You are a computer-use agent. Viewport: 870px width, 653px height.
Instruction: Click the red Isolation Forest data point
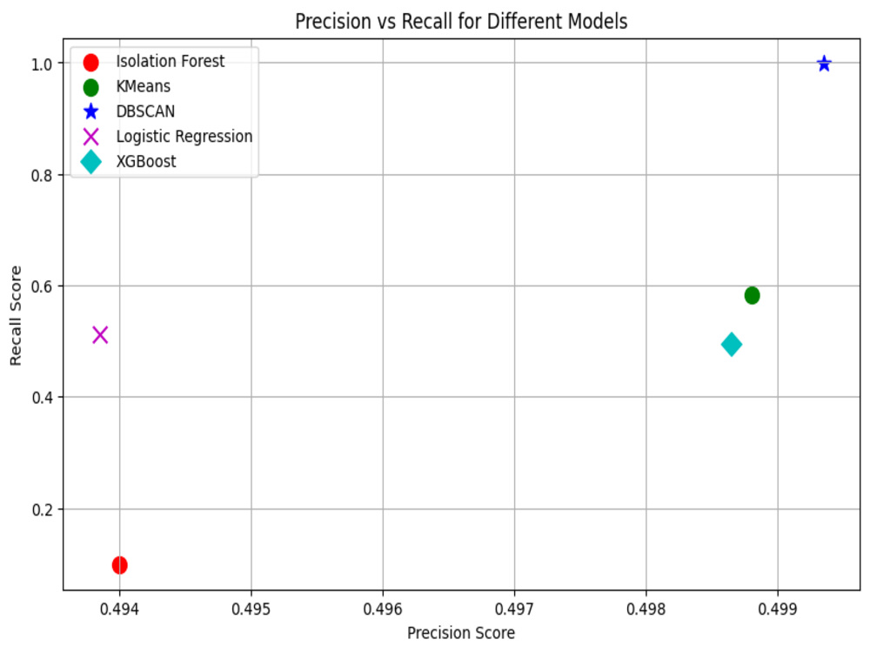point(119,565)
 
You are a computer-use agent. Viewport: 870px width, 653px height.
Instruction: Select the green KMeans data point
point(752,295)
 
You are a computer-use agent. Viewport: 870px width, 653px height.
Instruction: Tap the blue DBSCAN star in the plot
point(824,64)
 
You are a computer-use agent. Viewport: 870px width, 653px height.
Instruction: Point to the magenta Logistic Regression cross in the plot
point(100,335)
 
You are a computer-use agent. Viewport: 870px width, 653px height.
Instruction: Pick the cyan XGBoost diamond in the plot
point(732,344)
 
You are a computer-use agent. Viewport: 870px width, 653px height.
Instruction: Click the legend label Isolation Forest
point(171,61)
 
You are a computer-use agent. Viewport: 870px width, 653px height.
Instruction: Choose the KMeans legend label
point(144,86)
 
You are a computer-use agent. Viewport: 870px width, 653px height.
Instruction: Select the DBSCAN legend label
point(145,111)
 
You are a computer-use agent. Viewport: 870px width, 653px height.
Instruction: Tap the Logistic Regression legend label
point(184,137)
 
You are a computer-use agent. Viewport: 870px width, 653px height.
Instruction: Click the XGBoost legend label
point(146,162)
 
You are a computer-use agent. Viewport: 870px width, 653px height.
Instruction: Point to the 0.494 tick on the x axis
point(119,609)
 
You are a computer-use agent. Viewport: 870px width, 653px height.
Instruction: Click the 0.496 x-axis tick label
point(383,609)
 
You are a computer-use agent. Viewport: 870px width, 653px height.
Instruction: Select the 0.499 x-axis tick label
point(778,609)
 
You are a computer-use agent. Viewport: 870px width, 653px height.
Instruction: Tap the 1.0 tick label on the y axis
point(42,64)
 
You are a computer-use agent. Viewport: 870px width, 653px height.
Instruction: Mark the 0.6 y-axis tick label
point(42,286)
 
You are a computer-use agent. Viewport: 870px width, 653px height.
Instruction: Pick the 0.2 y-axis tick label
point(42,509)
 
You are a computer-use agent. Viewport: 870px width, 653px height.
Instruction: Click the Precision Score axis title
point(461,633)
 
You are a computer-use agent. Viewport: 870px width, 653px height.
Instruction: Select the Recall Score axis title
point(16,315)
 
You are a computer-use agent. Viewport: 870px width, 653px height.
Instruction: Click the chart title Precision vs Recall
point(461,21)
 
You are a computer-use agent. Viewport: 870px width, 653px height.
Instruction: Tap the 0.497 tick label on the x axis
point(514,609)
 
